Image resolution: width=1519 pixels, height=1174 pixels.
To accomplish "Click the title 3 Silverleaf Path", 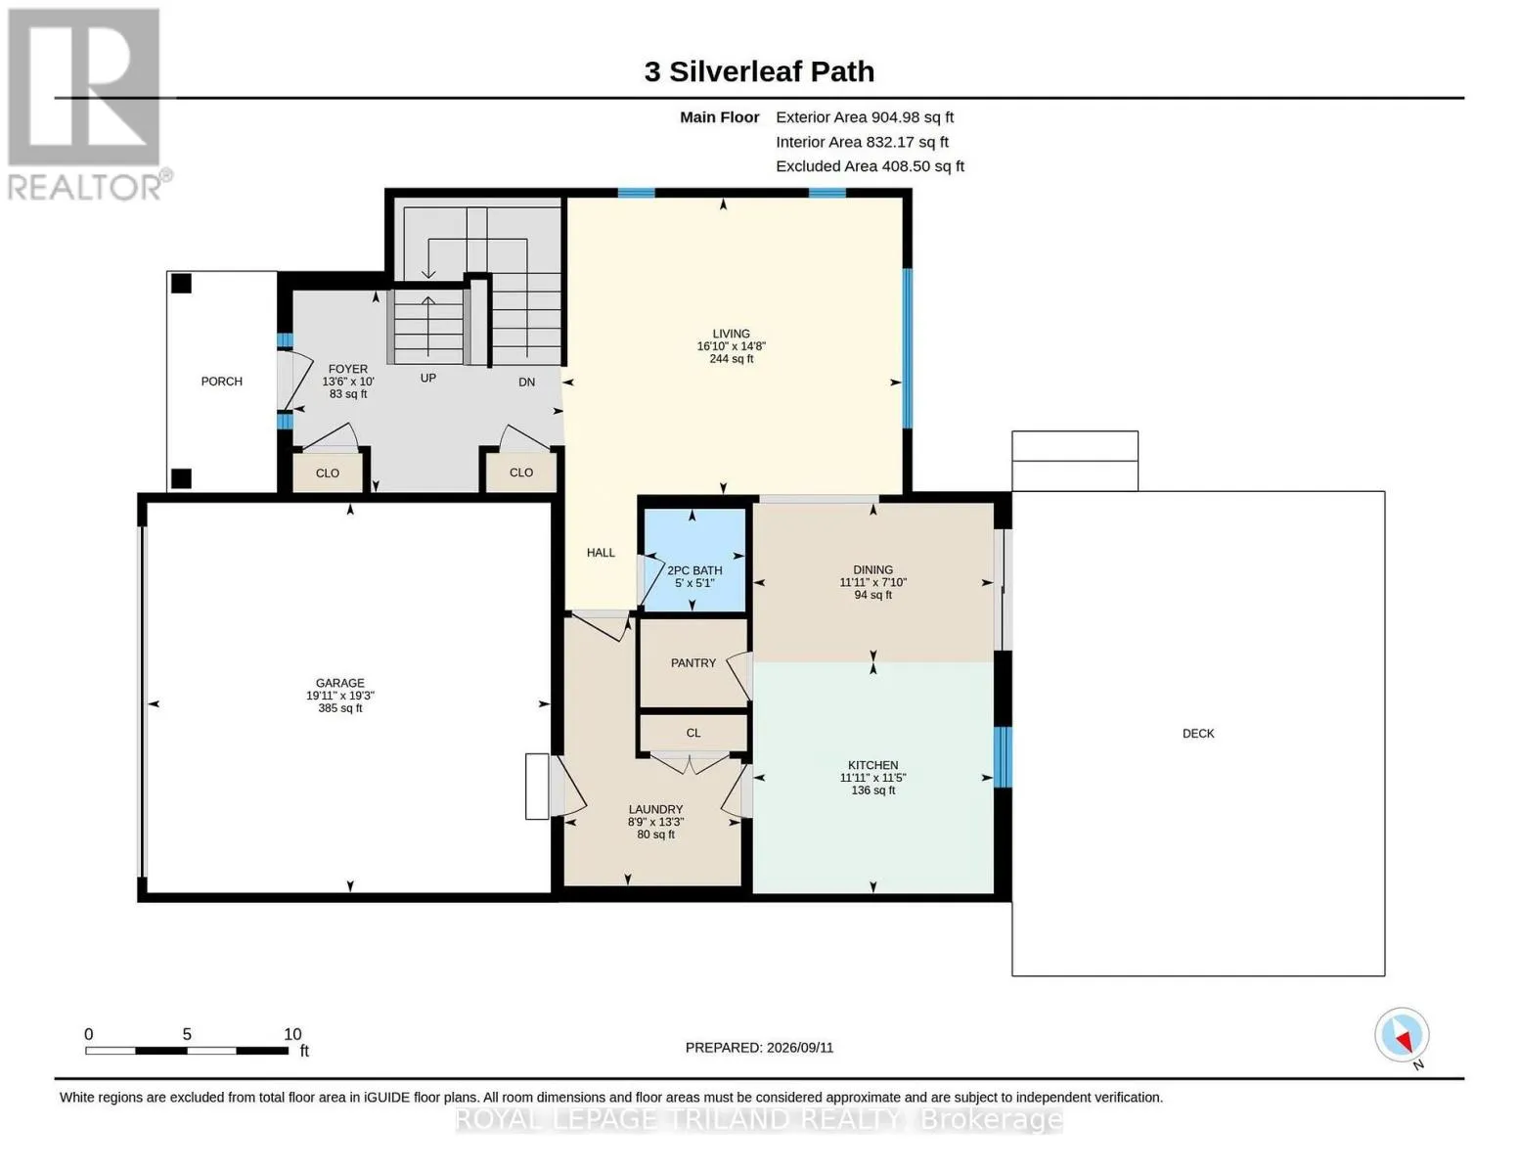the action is pyautogui.click(x=759, y=71).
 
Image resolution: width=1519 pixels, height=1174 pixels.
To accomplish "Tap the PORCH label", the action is pyautogui.click(x=222, y=382).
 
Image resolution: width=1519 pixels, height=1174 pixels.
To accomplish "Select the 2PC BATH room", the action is pyautogui.click(x=694, y=560).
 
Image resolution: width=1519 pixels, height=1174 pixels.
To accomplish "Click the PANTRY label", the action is pyautogui.click(x=693, y=663).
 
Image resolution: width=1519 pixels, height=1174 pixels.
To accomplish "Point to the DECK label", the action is pyautogui.click(x=1198, y=734).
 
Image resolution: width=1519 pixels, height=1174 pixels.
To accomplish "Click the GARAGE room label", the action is pyautogui.click(x=340, y=683).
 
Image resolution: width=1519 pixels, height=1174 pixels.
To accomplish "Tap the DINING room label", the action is pyautogui.click(x=873, y=569).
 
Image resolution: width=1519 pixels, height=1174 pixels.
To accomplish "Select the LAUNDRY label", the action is pyautogui.click(x=655, y=809).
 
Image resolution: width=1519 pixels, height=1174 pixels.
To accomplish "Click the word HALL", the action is pyautogui.click(x=602, y=553).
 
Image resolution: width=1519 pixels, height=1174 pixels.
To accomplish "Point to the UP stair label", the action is pyautogui.click(x=428, y=379).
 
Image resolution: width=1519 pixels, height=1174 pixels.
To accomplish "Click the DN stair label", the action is pyautogui.click(x=527, y=382).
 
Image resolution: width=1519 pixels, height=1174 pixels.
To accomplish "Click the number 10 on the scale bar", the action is pyautogui.click(x=292, y=1034).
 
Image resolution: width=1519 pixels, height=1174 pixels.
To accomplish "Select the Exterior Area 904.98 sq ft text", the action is pyautogui.click(x=865, y=117).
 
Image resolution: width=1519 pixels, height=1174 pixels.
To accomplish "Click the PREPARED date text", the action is pyautogui.click(x=759, y=1048).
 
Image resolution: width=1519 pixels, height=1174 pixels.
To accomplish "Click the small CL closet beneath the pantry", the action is pyautogui.click(x=693, y=733).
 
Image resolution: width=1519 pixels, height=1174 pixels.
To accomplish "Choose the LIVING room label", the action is pyautogui.click(x=732, y=334).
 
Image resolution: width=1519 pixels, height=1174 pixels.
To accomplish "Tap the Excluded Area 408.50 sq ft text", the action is pyautogui.click(x=871, y=166).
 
